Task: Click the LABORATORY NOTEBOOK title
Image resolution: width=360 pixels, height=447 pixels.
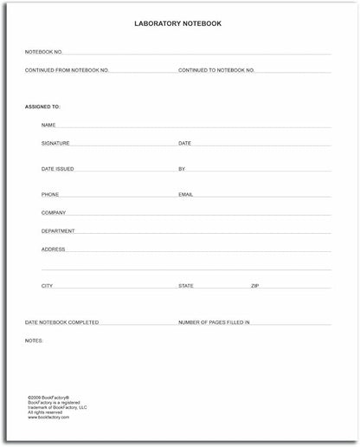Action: [179, 23]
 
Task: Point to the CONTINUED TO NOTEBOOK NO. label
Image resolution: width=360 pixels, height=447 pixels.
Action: [215, 69]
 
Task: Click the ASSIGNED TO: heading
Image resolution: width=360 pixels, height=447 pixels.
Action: [43, 107]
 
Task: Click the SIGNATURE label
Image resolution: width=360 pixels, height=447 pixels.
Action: [55, 143]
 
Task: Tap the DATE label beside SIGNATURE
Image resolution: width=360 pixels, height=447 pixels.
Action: [184, 143]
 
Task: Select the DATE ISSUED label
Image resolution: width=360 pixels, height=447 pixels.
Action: [56, 169]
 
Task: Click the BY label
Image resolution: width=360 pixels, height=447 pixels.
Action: [182, 169]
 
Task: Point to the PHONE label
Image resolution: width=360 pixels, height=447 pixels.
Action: [50, 195]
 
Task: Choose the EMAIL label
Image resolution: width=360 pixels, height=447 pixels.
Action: [185, 195]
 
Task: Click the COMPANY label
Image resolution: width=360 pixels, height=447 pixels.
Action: [54, 212]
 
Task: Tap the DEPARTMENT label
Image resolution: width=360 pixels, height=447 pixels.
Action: [58, 231]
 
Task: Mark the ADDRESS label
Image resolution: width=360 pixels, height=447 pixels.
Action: [54, 249]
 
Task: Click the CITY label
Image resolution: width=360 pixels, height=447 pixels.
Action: [47, 285]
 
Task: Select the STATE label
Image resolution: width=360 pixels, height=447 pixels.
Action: [186, 285]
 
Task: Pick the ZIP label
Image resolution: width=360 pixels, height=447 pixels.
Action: [255, 285]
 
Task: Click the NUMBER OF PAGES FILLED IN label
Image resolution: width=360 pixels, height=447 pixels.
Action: [214, 322]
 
